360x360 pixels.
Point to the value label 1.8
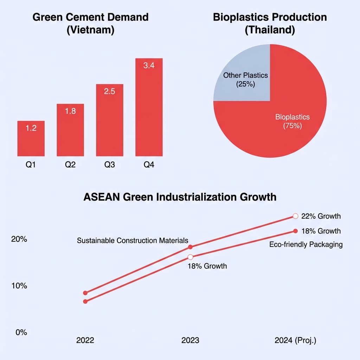click(x=70, y=111)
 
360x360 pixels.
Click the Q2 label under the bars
click(x=70, y=165)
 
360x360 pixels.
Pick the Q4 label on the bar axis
click(x=149, y=165)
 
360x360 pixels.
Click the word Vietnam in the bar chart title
click(x=90, y=30)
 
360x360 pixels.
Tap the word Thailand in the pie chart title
click(x=270, y=30)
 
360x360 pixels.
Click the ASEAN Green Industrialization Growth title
click(x=180, y=197)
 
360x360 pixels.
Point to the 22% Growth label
click(x=321, y=216)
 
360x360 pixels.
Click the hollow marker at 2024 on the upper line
click(x=295, y=216)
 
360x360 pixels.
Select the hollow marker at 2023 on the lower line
click(x=190, y=257)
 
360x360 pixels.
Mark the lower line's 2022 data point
click(x=85, y=301)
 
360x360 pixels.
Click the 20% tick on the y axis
click(x=19, y=239)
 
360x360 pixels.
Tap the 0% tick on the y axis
click(x=21, y=332)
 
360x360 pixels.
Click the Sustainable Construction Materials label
click(x=133, y=240)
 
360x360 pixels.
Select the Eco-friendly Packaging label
click(x=306, y=245)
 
